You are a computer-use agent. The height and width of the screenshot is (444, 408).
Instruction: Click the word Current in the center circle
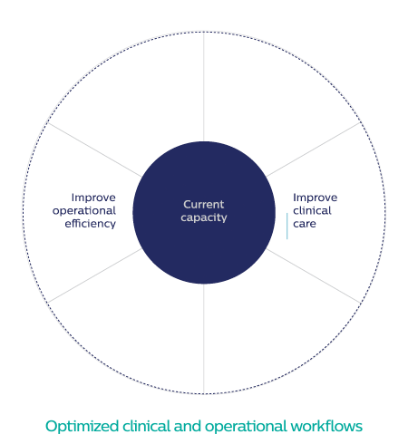(204, 205)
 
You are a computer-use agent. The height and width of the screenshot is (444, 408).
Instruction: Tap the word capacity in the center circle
(204, 217)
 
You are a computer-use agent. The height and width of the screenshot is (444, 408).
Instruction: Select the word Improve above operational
(93, 198)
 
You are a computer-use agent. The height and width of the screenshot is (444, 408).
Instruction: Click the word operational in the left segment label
(84, 211)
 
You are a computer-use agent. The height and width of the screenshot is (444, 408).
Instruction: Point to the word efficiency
(91, 224)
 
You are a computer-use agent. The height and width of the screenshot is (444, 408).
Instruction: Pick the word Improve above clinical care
(316, 198)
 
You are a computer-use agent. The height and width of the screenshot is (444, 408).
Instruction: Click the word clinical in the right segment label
(312, 210)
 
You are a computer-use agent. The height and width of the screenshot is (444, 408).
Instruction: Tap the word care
(305, 224)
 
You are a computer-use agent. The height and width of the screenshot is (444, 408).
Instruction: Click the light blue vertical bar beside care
(287, 226)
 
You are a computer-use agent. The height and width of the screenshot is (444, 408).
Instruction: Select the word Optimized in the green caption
(82, 427)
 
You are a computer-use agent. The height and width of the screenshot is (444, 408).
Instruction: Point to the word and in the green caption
(188, 426)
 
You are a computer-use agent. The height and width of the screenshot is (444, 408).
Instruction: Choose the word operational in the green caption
(246, 427)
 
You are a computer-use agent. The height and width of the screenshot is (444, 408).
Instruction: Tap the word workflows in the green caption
(326, 426)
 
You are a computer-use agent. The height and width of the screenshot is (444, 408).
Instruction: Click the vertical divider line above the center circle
(204, 87)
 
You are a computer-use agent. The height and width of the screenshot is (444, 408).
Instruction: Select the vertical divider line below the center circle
(204, 339)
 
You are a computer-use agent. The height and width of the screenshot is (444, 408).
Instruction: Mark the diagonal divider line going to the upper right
(313, 150)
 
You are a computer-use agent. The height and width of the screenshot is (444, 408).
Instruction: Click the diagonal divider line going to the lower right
(313, 275)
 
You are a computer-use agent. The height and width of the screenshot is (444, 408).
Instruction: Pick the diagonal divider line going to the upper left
(94, 150)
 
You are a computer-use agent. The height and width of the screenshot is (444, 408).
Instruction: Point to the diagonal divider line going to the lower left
(94, 275)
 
